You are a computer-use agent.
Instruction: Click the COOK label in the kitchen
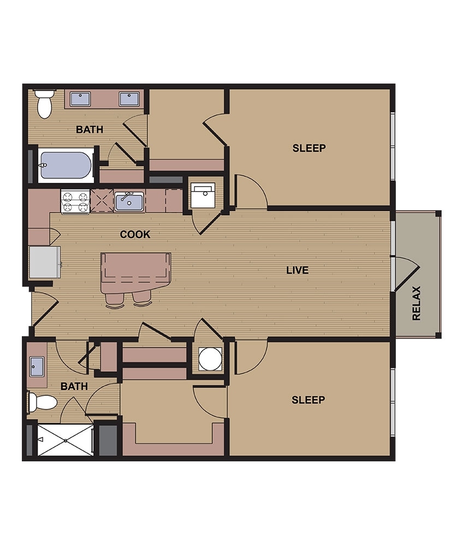click(135, 234)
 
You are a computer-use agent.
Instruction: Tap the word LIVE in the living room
click(297, 270)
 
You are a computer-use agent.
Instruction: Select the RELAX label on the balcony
click(417, 304)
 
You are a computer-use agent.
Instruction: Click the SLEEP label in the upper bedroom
click(309, 148)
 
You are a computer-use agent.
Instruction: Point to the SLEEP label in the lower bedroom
click(308, 400)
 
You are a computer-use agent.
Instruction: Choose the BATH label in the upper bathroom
click(90, 130)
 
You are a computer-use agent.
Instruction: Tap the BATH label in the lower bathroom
click(74, 386)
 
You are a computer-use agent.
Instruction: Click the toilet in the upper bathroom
click(44, 104)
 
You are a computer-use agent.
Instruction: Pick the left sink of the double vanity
click(81, 99)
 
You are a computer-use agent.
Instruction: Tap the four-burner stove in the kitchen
click(75, 201)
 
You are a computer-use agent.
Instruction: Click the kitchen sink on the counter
click(129, 201)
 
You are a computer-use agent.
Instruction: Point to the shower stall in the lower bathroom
click(65, 440)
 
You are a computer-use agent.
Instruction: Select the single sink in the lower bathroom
click(37, 364)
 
